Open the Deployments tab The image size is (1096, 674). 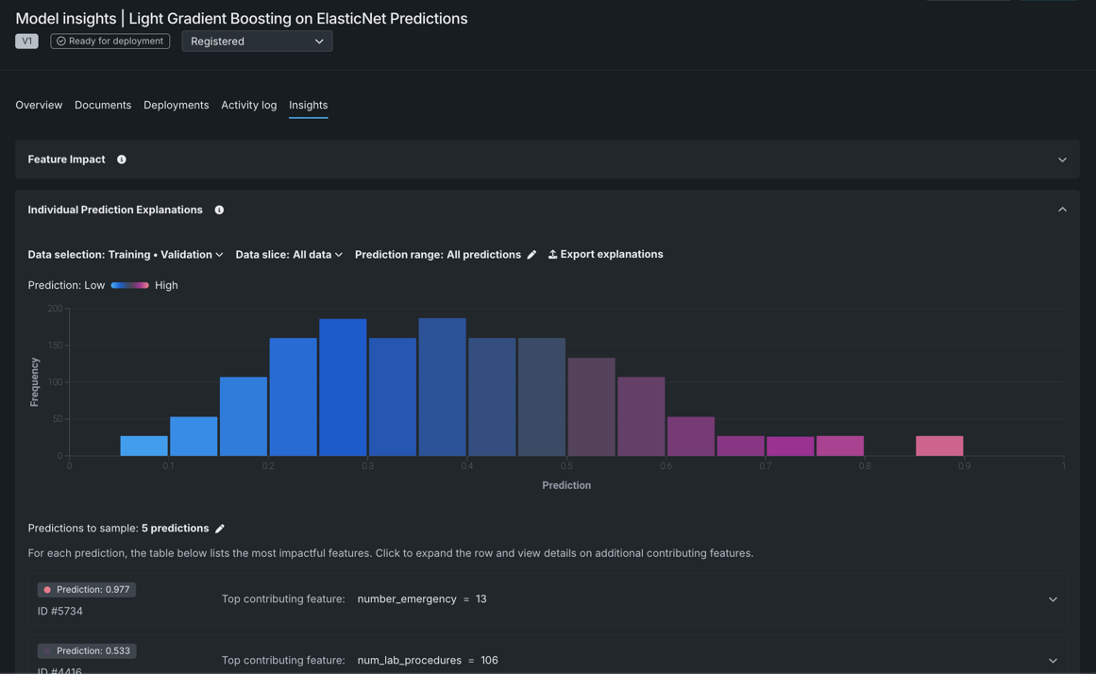coord(176,105)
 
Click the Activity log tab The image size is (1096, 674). coord(248,105)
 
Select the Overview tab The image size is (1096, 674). coord(39,105)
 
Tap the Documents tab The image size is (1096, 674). coord(103,105)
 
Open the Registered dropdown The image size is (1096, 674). coord(257,42)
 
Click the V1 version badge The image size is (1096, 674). coord(26,42)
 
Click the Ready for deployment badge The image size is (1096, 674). coord(110,42)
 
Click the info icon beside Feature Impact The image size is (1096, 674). coord(122,160)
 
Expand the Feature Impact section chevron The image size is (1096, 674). coord(1062,160)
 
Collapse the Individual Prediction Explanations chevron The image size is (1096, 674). coord(1062,210)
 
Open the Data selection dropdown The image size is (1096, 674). coord(126,255)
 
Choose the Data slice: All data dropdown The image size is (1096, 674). coord(289,255)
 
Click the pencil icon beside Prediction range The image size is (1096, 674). coord(531,255)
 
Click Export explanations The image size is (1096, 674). coord(606,255)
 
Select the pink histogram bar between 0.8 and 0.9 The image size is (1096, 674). coord(939,446)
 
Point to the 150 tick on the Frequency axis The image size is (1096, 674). coord(55,345)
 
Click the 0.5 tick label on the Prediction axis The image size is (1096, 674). coord(566,466)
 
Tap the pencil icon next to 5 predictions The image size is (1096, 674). coord(220,529)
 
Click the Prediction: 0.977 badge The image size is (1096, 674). coord(87,590)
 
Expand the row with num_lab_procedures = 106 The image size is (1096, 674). coord(1053,660)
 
